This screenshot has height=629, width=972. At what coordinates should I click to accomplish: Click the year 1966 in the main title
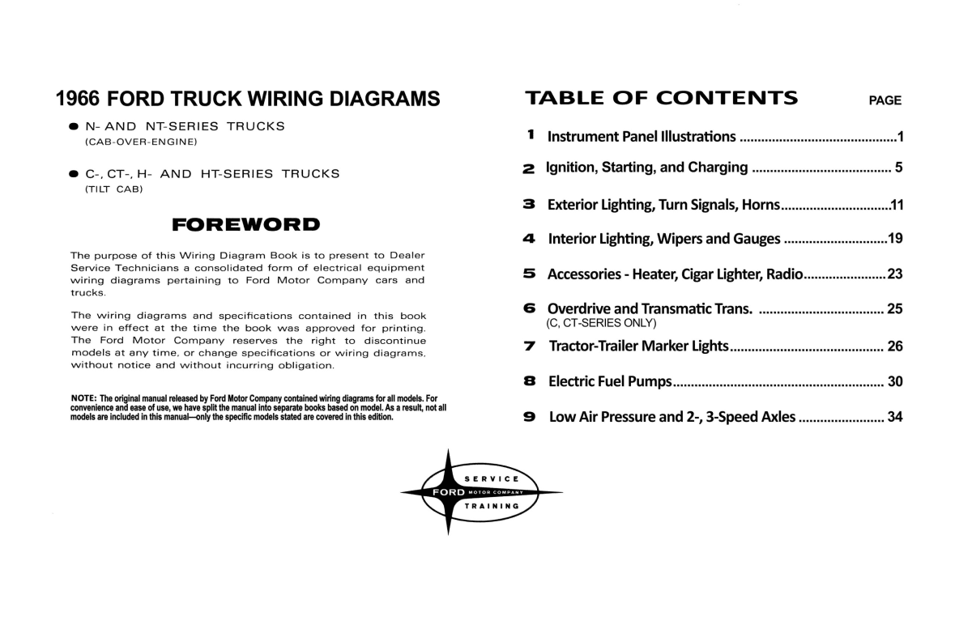click(x=77, y=99)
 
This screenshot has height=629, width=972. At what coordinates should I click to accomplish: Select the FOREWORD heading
click(x=246, y=223)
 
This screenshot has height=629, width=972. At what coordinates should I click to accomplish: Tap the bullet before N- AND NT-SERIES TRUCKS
click(x=74, y=127)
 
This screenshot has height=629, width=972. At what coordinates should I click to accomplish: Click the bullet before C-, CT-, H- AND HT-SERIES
click(x=74, y=174)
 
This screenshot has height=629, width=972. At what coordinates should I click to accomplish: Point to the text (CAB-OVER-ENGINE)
click(x=141, y=142)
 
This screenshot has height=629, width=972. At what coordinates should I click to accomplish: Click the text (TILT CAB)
click(x=113, y=189)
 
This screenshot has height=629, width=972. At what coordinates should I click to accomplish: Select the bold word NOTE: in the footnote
click(x=84, y=399)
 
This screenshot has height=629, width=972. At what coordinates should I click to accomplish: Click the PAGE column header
click(x=885, y=101)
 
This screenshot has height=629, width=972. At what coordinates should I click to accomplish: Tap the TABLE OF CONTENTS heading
click(x=661, y=99)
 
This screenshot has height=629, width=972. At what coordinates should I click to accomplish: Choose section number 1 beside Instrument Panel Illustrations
click(x=531, y=134)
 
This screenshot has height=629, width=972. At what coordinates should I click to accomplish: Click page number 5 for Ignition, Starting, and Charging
click(x=898, y=168)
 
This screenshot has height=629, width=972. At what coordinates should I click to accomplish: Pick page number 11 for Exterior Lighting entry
click(x=896, y=205)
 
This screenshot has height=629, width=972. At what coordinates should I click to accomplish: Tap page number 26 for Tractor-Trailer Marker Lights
click(x=895, y=346)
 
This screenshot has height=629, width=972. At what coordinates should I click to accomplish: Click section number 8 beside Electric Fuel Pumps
click(x=530, y=380)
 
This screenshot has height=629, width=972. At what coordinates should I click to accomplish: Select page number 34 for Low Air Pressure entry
click(x=895, y=418)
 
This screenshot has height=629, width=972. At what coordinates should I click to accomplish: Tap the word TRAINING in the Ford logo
click(x=492, y=506)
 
